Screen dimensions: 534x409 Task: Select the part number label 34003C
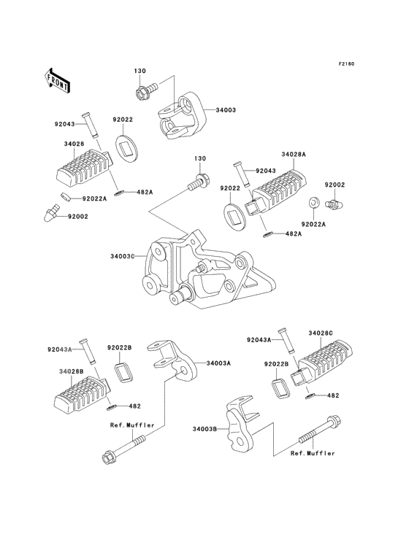[x=123, y=257]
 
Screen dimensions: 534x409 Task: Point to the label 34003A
[x=218, y=363]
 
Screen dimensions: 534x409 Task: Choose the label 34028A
[x=294, y=155]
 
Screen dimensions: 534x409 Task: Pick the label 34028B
[x=72, y=372]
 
